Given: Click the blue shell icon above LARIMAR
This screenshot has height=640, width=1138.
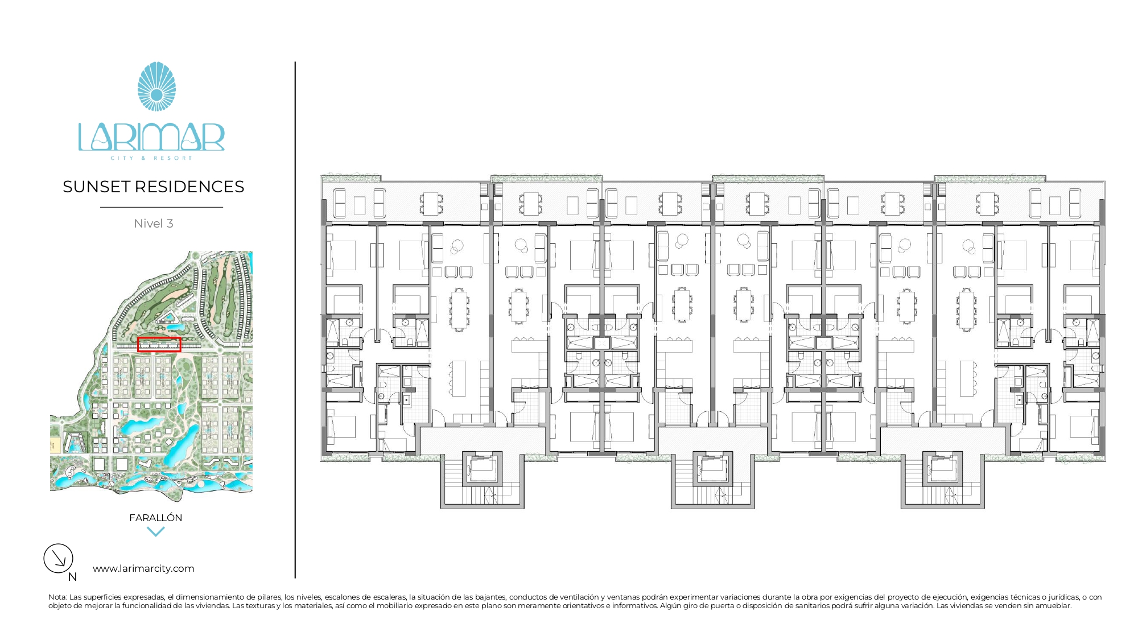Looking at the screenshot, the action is (156, 86).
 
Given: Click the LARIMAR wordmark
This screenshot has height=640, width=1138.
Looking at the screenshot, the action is (151, 137).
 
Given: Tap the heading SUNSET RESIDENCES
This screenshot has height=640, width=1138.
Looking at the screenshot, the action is (154, 187).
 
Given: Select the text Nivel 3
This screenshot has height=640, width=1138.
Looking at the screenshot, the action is (154, 224).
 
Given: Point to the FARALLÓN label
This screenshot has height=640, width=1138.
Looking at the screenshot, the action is (156, 518).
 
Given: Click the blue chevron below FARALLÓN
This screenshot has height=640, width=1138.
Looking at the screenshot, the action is (155, 532).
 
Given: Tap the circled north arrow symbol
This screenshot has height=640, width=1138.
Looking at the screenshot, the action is (59, 558).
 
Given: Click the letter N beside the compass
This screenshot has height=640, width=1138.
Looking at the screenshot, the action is (72, 577).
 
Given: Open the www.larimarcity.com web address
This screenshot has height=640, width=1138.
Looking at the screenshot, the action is (143, 568).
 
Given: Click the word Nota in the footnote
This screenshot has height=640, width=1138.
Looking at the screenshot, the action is (57, 597).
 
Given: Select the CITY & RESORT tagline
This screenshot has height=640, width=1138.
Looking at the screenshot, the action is (151, 158).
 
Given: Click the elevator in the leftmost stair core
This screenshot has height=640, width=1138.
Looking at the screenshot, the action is (483, 469).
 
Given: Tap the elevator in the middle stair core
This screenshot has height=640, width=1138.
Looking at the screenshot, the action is (712, 469).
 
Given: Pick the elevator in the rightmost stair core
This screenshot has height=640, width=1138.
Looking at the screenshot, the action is (942, 469).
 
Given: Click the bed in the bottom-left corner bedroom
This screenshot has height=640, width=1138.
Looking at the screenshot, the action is (341, 427).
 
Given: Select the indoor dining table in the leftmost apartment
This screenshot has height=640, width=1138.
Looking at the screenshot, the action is (459, 309).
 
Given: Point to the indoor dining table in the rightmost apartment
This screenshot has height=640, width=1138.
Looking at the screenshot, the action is (967, 309).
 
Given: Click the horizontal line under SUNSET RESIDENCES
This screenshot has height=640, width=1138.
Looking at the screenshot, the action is (162, 207).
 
